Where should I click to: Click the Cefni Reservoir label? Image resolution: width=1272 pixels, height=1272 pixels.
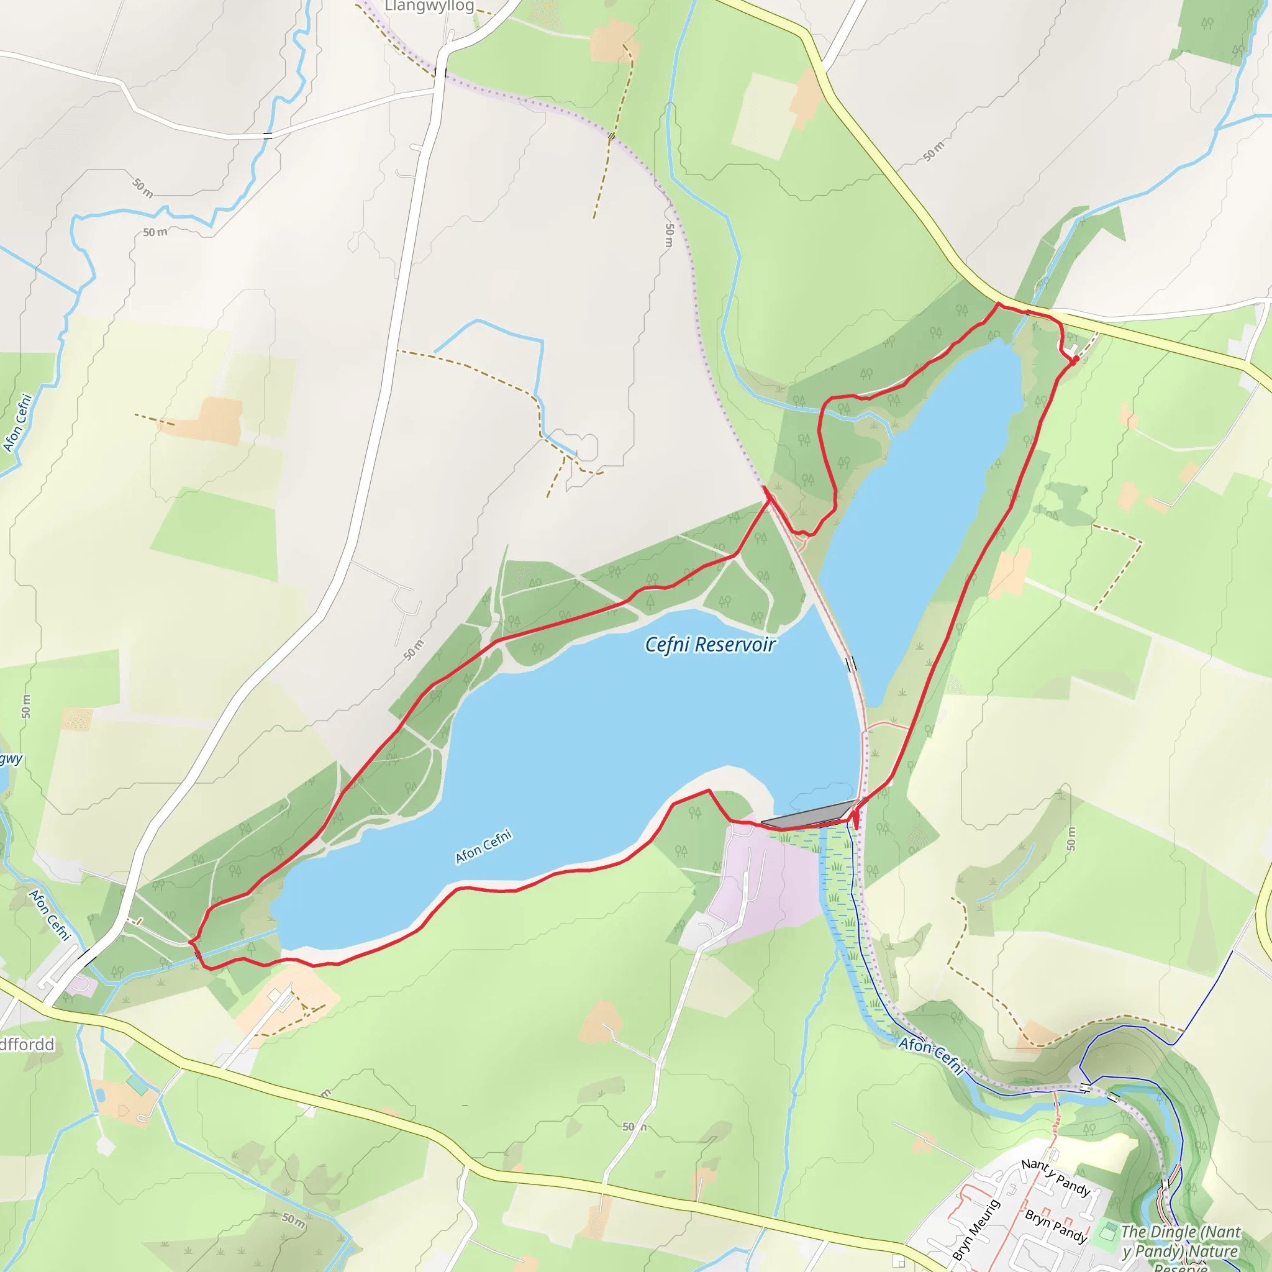710,645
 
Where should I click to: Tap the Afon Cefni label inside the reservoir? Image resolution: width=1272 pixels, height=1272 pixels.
483,846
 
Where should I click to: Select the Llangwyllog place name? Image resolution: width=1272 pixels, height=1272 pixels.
429,7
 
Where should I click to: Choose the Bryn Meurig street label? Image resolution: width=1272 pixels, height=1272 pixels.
976,1230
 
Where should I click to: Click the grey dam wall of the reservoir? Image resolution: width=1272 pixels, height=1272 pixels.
808,815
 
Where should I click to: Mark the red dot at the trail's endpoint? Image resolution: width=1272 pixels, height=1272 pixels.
1076,359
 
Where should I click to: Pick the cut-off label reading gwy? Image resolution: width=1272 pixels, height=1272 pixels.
11,759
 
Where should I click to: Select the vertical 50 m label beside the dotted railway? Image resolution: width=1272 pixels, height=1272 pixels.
669,235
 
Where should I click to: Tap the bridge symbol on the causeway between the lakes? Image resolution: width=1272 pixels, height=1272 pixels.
851,664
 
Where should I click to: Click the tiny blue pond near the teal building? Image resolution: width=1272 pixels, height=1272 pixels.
99,1094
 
